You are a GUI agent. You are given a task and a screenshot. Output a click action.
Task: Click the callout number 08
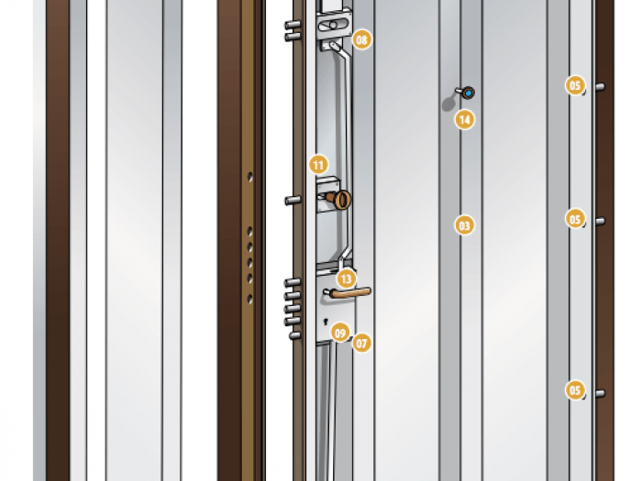[362, 39]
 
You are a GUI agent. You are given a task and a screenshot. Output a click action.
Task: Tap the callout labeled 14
[465, 120]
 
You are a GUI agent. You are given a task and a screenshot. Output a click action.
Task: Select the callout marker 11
[318, 165]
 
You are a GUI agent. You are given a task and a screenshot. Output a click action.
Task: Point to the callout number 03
[464, 225]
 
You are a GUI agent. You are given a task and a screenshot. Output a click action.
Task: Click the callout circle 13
[347, 279]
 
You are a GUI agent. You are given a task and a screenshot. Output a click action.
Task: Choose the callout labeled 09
[340, 333]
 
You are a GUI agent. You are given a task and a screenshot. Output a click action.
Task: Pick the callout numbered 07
[361, 344]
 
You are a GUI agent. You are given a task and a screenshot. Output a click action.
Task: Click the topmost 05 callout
[575, 85]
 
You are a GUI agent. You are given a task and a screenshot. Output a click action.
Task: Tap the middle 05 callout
[575, 219]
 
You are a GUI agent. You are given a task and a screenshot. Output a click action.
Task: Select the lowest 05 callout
[575, 389]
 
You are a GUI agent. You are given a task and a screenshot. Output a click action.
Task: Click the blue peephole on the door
[469, 93]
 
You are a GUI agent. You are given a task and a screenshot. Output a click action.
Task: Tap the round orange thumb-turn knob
[342, 200]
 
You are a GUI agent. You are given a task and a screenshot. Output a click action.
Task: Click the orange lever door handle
[351, 292]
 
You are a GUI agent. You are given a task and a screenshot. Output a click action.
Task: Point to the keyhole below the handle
[326, 322]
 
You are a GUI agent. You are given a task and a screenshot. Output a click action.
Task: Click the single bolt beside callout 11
[293, 201]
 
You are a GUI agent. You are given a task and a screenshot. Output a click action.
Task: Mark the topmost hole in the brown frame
[249, 177]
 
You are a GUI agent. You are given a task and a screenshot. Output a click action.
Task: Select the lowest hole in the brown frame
[249, 300]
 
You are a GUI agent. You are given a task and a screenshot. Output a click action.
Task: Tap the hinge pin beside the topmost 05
[600, 87]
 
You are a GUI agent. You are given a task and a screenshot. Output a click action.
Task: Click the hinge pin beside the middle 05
[600, 222]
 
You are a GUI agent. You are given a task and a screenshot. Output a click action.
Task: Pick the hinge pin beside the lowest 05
[600, 393]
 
